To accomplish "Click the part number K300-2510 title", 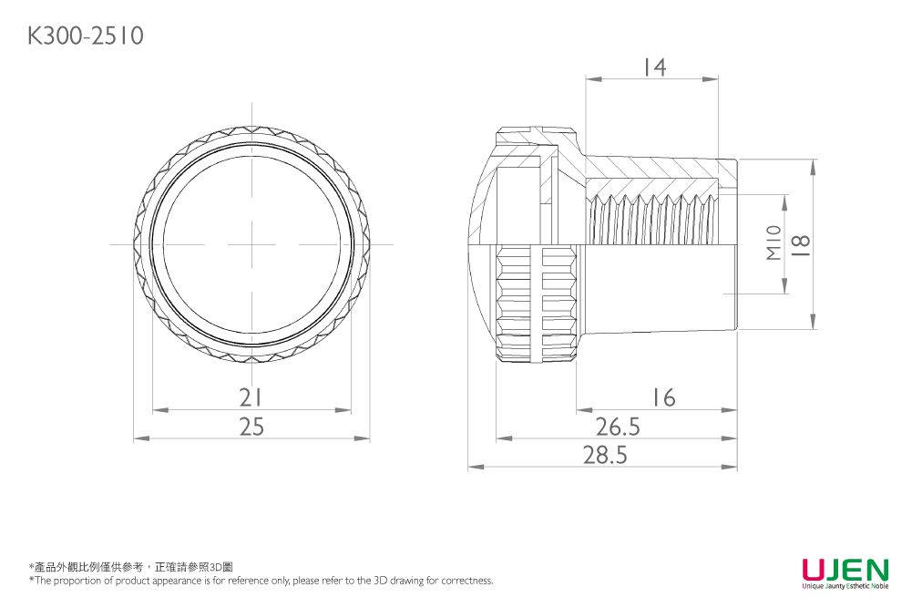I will [x=86, y=36].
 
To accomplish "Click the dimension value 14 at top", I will [x=653, y=67].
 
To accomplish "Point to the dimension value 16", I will [x=663, y=398].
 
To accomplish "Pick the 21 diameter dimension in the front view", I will [x=251, y=398].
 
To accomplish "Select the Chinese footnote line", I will [x=132, y=567].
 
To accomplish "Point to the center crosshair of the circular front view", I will [x=252, y=244].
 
